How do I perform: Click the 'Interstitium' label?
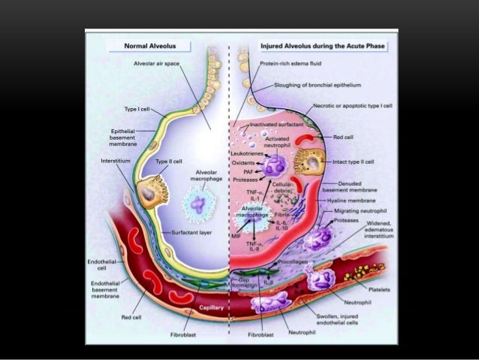[x=114, y=162]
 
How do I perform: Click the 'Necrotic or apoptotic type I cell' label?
[x=352, y=106]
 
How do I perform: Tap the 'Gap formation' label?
[x=249, y=283]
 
